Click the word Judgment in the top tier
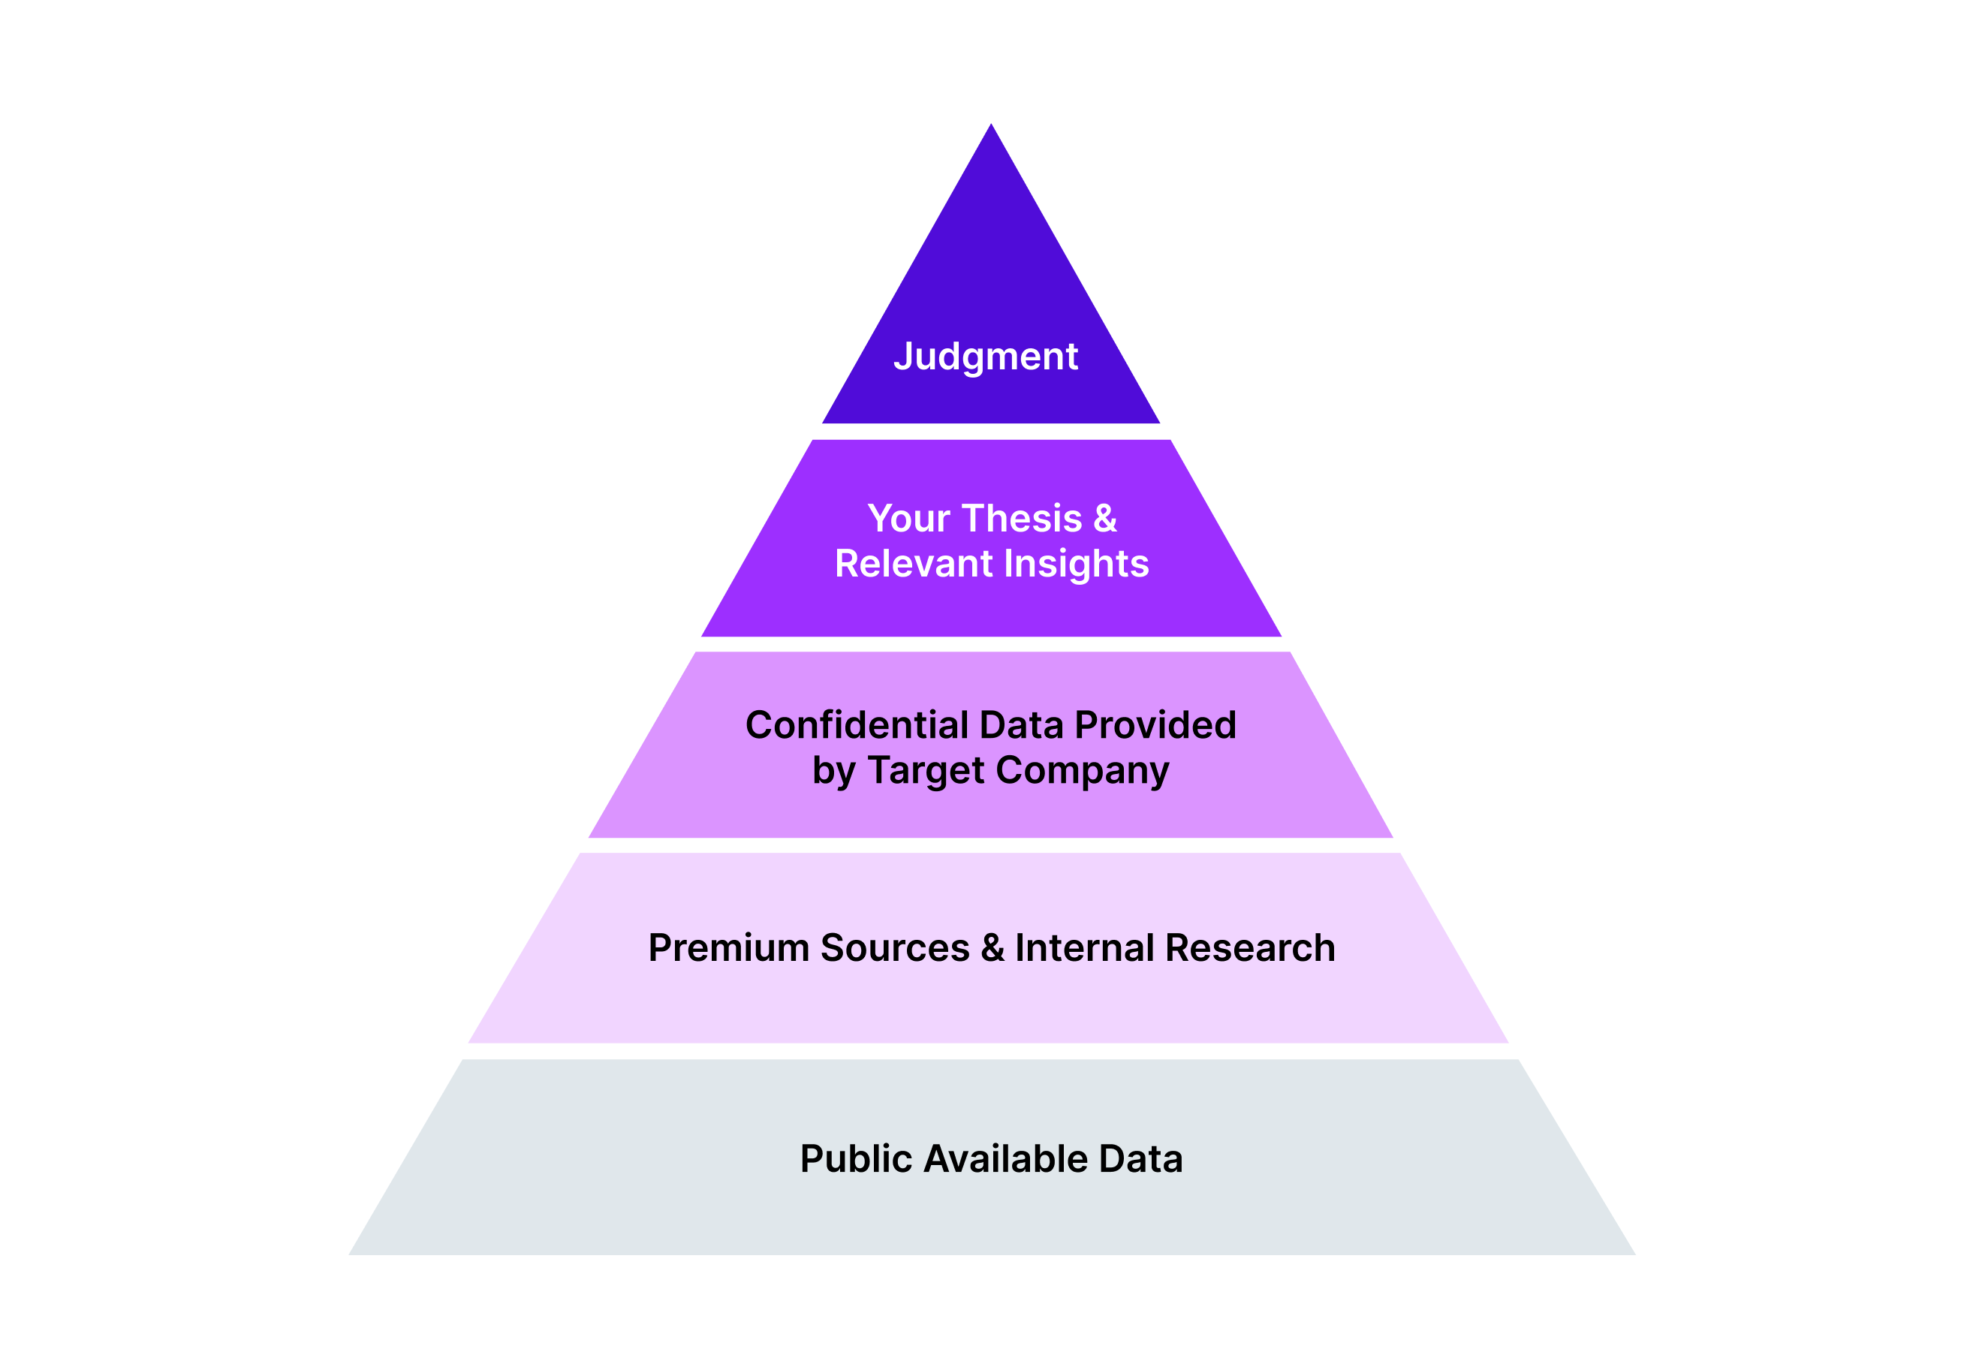tap(985, 357)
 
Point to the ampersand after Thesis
tap(1104, 519)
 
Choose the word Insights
tap(1077, 564)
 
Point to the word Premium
tap(728, 948)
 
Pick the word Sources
tap(895, 948)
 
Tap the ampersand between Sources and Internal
tap(992, 948)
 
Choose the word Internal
tap(1084, 948)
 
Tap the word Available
tap(1005, 1159)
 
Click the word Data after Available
tap(1140, 1159)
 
